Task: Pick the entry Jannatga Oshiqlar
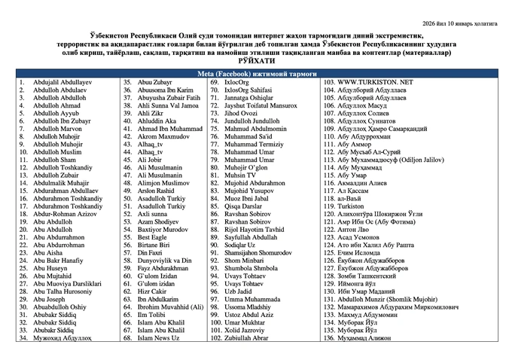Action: (244, 97)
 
